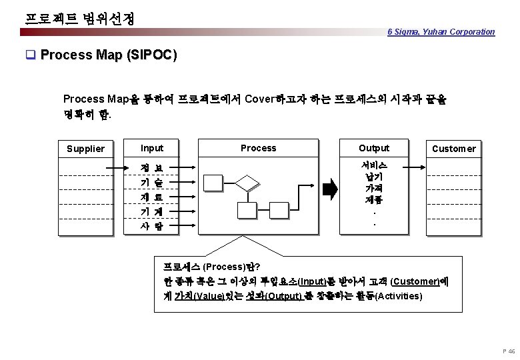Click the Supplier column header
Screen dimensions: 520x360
86,149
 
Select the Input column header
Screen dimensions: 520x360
152,148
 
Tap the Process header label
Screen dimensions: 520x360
258,148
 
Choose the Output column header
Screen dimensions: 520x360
374,148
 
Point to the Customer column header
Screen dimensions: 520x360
453,149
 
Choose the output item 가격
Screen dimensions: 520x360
374,188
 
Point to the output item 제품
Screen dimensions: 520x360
374,199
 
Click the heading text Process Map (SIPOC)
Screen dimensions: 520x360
109,55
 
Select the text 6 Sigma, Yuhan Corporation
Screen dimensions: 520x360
441,31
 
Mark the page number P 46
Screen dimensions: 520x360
511,351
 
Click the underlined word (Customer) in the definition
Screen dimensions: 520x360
420,281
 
